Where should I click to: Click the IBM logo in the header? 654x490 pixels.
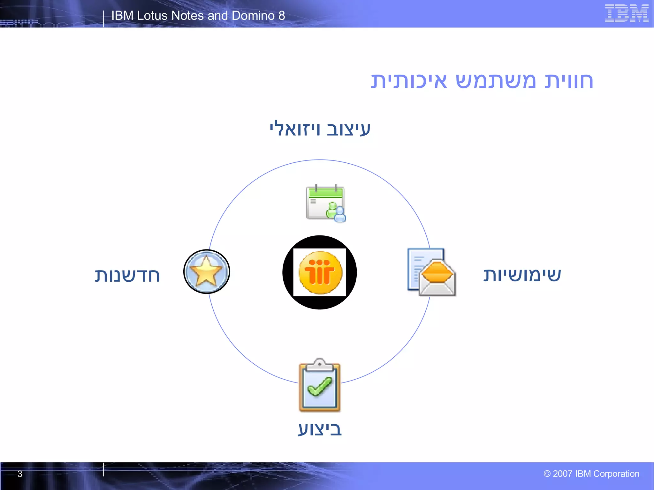(626, 13)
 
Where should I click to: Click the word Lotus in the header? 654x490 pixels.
(152, 16)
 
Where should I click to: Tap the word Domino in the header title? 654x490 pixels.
(253, 16)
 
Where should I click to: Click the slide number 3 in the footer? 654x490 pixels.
(20, 474)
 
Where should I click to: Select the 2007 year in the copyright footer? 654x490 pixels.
(562, 474)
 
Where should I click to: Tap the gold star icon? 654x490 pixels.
(206, 271)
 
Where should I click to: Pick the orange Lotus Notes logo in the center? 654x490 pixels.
(320, 272)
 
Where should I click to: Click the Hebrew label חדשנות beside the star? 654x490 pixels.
(127, 275)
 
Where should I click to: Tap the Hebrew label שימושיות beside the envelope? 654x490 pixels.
(522, 275)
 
